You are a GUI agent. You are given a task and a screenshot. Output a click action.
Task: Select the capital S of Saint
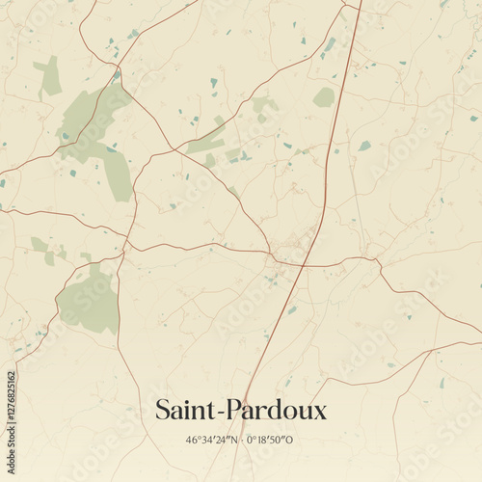pyautogui.click(x=163, y=411)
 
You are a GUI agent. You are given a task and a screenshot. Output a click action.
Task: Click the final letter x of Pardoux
pyautogui.click(x=320, y=414)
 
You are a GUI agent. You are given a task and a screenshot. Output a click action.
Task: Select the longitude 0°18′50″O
pyautogui.click(x=270, y=441)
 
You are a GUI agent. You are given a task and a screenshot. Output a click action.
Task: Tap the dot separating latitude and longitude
pyautogui.click(x=241, y=441)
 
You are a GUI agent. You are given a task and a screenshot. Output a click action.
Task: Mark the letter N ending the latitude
pyautogui.click(x=234, y=441)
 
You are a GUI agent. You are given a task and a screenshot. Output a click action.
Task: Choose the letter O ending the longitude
pyautogui.click(x=291, y=441)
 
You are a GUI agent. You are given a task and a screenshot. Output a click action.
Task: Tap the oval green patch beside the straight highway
pyautogui.click(x=324, y=97)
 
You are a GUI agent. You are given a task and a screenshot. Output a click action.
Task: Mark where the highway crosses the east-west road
pyautogui.click(x=304, y=263)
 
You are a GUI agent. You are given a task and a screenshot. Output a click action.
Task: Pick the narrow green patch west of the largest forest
pyautogui.click(x=47, y=76)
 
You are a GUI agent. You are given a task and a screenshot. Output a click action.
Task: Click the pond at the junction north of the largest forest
pyautogui.click(x=118, y=75)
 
